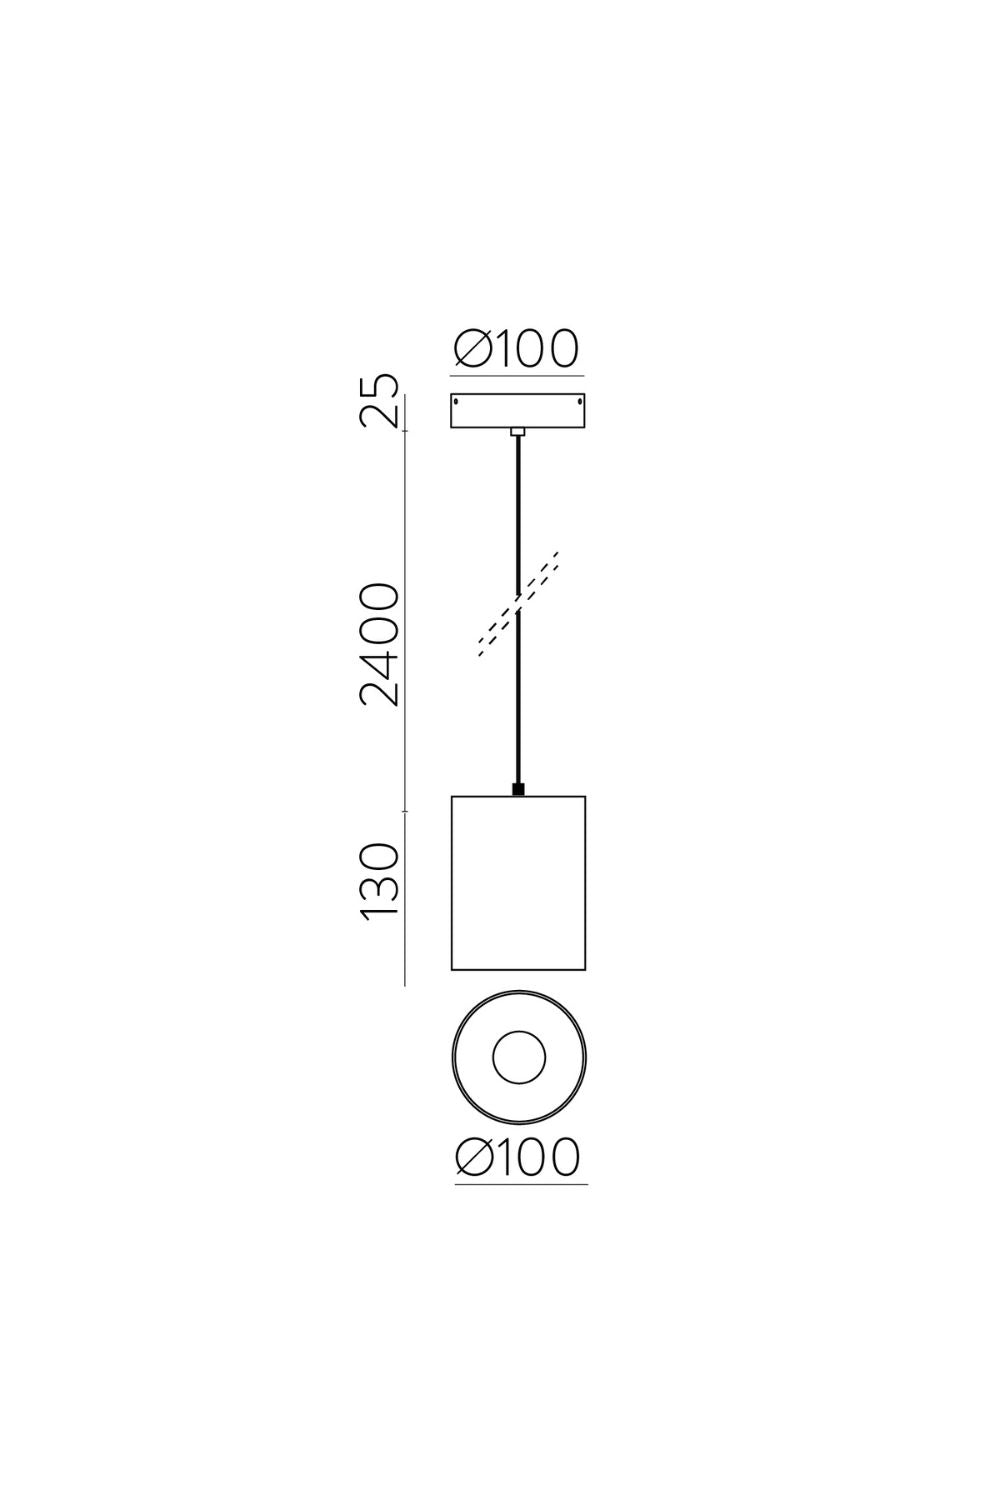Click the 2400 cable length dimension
379,645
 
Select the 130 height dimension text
379,883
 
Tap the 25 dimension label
379,401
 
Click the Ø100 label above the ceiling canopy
516,349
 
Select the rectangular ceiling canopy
517,410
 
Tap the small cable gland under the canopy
517,432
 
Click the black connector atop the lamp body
518,790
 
